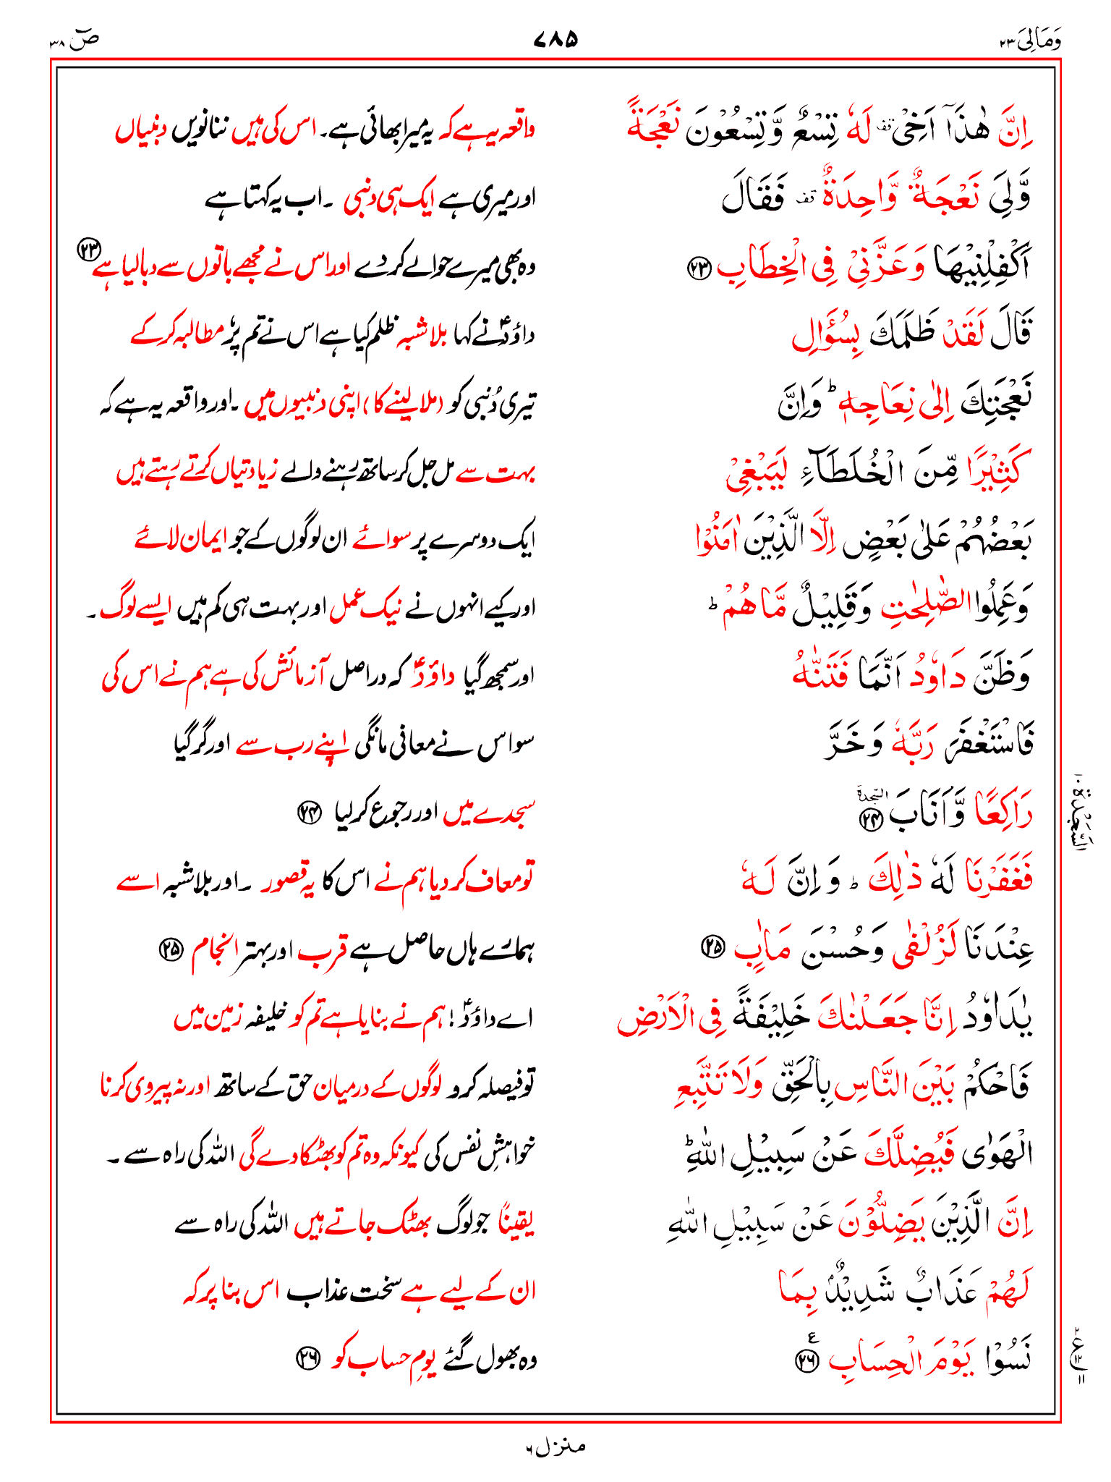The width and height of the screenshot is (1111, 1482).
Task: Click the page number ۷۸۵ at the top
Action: [x=555, y=38]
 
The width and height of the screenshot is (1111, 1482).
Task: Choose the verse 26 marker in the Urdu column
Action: [x=307, y=1359]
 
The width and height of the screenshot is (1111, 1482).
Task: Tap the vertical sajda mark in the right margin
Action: [x=1083, y=810]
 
